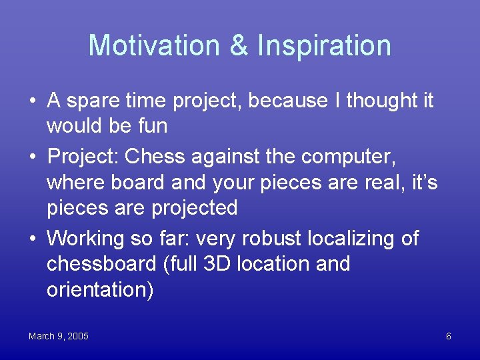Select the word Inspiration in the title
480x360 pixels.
[324, 45]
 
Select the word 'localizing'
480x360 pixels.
[353, 238]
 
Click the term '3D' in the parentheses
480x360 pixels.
[219, 263]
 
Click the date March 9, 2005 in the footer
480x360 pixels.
[59, 336]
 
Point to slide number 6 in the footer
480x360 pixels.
[448, 336]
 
